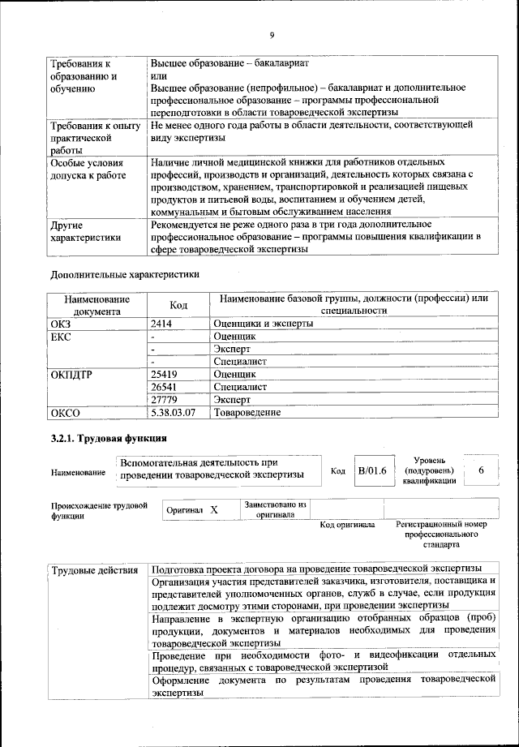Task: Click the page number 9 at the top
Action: pyautogui.click(x=272, y=34)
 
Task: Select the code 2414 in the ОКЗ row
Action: pyautogui.click(x=163, y=323)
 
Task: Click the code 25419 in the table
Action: pyautogui.click(x=165, y=374)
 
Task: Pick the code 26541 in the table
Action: pyautogui.click(x=165, y=387)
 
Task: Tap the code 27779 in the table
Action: pyautogui.click(x=165, y=400)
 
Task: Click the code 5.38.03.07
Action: pyautogui.click(x=174, y=413)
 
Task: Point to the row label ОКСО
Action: pyautogui.click(x=66, y=413)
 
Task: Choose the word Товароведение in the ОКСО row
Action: pyautogui.click(x=247, y=413)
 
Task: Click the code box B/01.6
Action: pyautogui.click(x=372, y=470)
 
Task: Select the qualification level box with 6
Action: pyautogui.click(x=482, y=470)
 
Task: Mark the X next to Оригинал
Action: pyautogui.click(x=214, y=510)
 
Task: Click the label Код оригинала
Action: pyautogui.click(x=347, y=525)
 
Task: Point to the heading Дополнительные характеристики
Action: pyautogui.click(x=125, y=274)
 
